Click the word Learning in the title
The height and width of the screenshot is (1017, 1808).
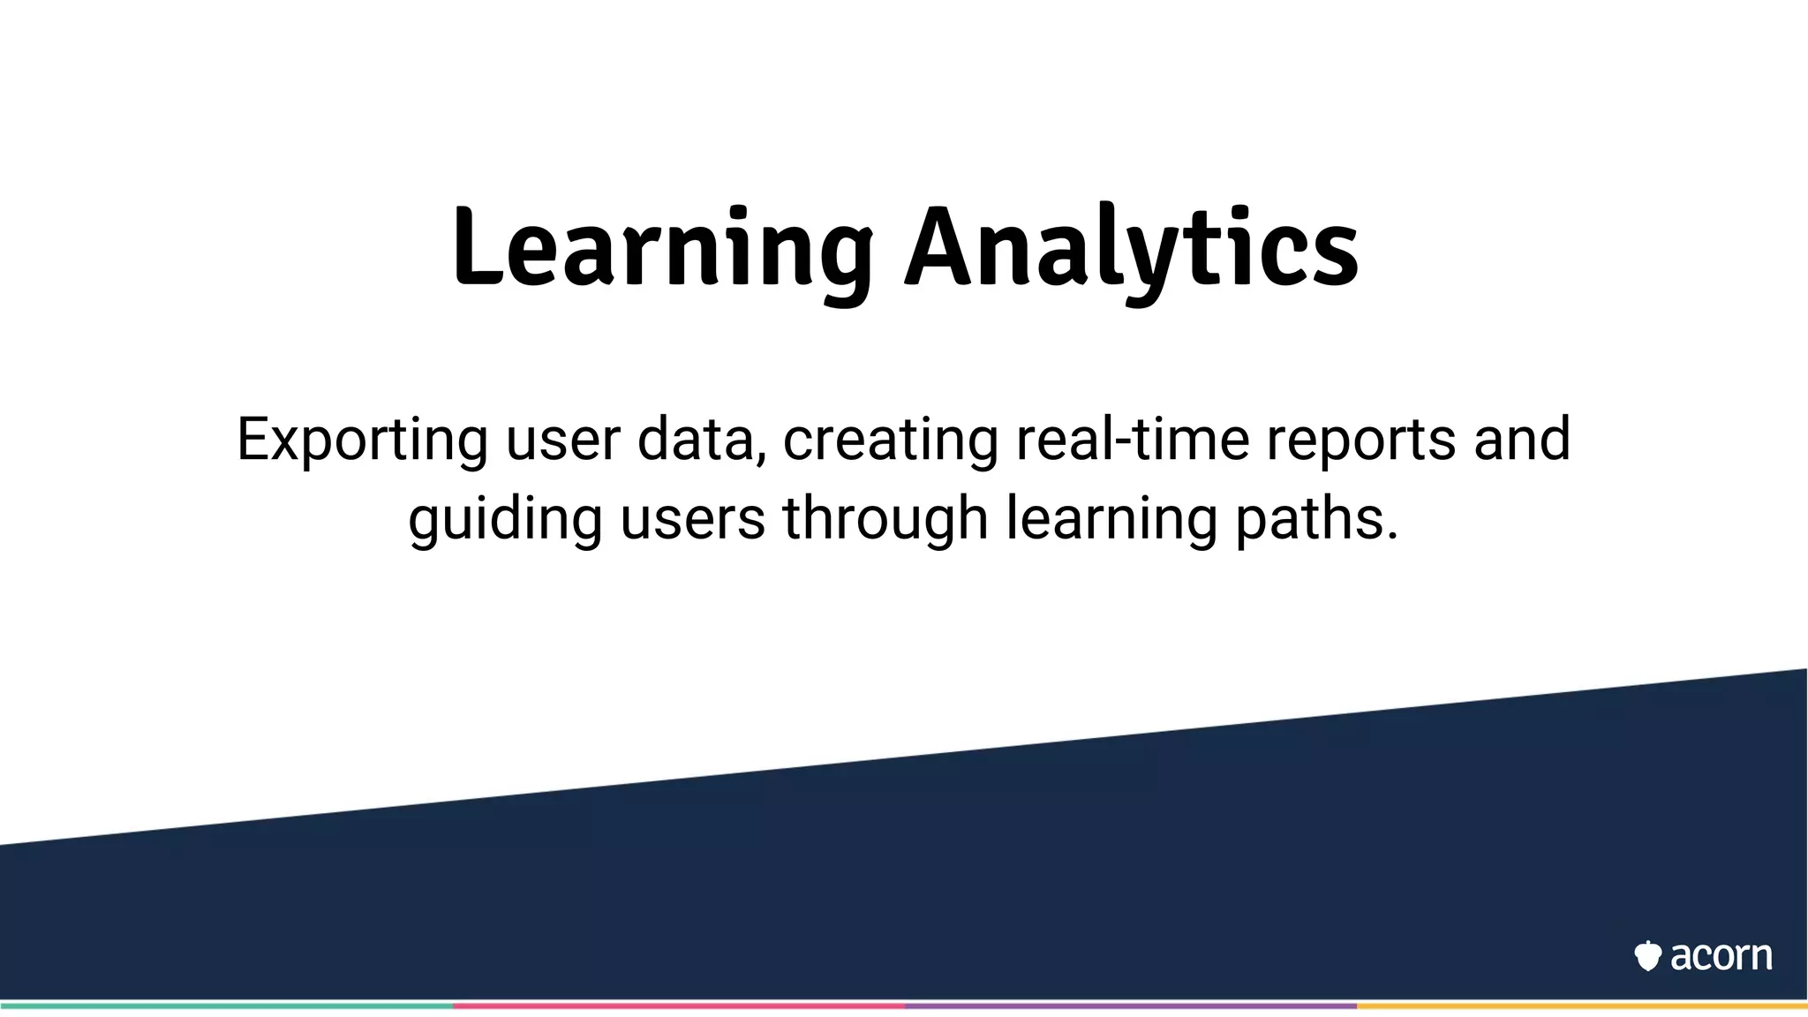click(x=662, y=249)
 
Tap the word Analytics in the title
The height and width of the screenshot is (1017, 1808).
click(x=1132, y=249)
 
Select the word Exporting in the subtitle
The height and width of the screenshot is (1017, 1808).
click(x=362, y=439)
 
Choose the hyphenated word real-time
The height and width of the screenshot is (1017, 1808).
click(x=1133, y=439)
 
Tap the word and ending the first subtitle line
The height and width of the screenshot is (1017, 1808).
click(x=1522, y=439)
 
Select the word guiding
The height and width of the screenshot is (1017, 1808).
click(x=505, y=518)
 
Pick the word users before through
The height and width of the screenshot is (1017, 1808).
click(x=692, y=518)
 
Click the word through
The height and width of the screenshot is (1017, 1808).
click(x=885, y=518)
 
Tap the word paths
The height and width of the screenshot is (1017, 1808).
click(x=1315, y=518)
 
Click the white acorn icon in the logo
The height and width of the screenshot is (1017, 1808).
click(x=1647, y=956)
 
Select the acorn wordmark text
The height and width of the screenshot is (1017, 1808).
click(x=1721, y=956)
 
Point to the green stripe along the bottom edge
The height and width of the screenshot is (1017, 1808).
click(x=226, y=1006)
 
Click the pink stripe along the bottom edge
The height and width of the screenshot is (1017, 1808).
click(x=678, y=1006)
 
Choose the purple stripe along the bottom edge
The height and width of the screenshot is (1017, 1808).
click(x=1130, y=1006)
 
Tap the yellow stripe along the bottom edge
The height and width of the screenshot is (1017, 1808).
click(x=1582, y=1006)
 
